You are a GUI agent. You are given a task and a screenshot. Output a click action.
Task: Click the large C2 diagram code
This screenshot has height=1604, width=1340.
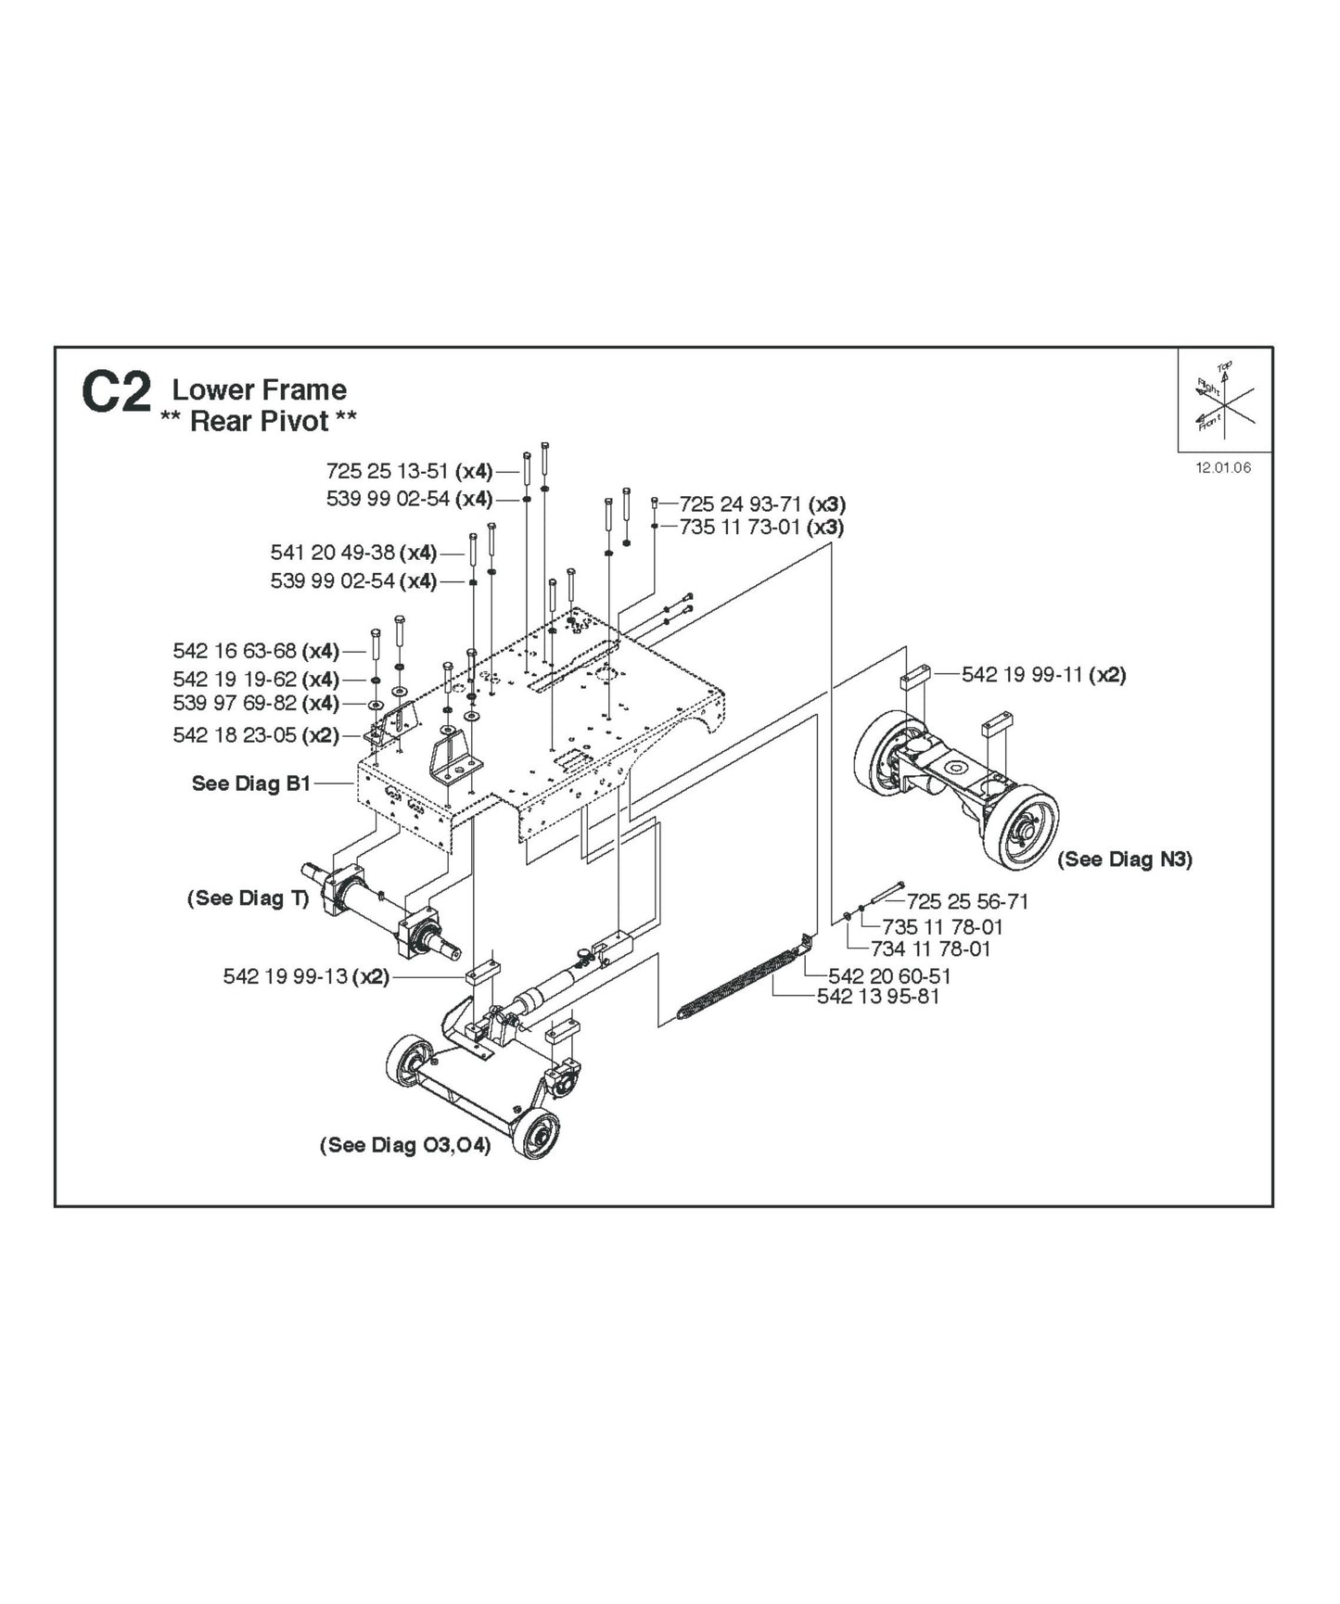pyautogui.click(x=116, y=394)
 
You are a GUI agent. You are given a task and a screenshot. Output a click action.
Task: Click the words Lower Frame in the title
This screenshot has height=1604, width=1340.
pyautogui.click(x=259, y=389)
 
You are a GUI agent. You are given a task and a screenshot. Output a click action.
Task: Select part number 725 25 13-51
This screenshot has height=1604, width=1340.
pyautogui.click(x=388, y=471)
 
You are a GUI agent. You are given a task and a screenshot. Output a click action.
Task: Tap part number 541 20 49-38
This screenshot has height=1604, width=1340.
pyautogui.click(x=332, y=553)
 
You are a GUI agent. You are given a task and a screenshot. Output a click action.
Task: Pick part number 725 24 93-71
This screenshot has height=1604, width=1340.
pyautogui.click(x=740, y=504)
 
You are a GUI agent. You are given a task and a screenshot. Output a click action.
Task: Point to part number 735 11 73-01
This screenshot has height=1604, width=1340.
pyautogui.click(x=740, y=528)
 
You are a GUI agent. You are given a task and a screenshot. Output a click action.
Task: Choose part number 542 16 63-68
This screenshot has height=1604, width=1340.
pyautogui.click(x=235, y=651)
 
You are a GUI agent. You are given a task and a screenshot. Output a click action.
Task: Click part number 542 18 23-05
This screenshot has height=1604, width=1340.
pyautogui.click(x=235, y=735)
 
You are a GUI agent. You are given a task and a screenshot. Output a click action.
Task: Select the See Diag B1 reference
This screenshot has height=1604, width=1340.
pyautogui.click(x=250, y=783)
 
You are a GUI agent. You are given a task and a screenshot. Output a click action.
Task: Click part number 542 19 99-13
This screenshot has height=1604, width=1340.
pyautogui.click(x=285, y=976)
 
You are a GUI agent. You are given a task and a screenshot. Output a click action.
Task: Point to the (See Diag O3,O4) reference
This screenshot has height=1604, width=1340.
pyautogui.click(x=404, y=1145)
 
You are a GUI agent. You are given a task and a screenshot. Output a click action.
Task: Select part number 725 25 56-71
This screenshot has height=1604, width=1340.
pyautogui.click(x=967, y=901)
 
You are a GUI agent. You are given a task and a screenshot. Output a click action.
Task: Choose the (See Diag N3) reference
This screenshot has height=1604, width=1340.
pyautogui.click(x=1125, y=859)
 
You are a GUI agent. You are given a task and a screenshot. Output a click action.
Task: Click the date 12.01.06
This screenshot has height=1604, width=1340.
pyautogui.click(x=1222, y=467)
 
